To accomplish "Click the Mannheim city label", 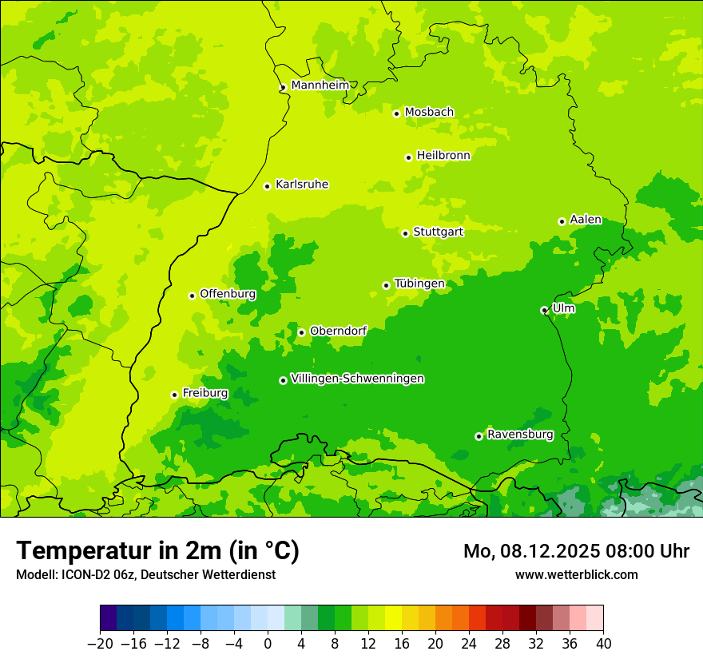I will click(320, 85).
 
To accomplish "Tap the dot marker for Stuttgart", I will click(405, 233).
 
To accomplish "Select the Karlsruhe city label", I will click(301, 185).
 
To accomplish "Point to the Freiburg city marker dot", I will click(174, 395).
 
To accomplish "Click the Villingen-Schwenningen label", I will click(357, 379).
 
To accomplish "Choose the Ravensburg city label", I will click(519, 435).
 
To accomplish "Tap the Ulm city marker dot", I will click(544, 310).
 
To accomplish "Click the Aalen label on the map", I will click(586, 220).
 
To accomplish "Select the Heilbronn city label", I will click(443, 156).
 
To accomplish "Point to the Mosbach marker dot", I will click(396, 113).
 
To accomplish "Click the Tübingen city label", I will click(419, 284).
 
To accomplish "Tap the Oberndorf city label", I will click(338, 331).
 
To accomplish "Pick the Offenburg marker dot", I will click(192, 296).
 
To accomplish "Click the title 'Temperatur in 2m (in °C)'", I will click(157, 550).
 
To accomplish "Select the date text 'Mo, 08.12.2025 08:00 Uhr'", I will click(576, 551).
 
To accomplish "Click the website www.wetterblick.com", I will click(576, 574).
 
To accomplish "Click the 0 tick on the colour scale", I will click(268, 644).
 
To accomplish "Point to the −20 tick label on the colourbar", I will click(100, 644).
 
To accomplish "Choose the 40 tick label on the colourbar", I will click(603, 644).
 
